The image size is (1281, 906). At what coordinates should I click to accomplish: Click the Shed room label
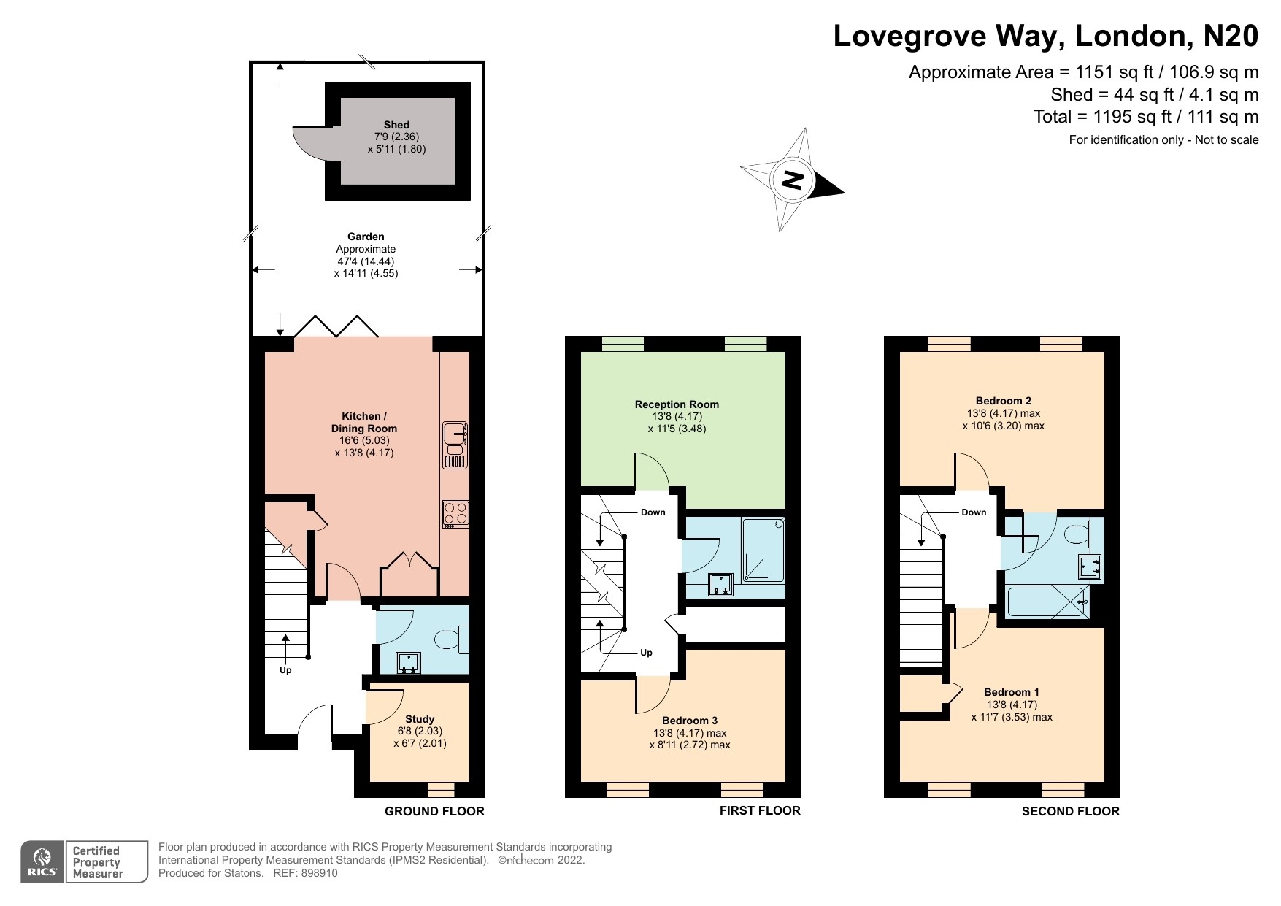pos(397,125)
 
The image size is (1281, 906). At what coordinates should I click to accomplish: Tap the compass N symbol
pos(792,179)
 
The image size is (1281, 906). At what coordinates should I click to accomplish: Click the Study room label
pos(420,719)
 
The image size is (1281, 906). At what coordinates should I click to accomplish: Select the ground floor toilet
pos(453,640)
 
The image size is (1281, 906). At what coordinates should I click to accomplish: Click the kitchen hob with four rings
pos(456,514)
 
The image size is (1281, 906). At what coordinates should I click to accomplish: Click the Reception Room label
pos(677,404)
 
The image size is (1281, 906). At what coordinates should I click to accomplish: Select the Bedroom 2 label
pos(1004,401)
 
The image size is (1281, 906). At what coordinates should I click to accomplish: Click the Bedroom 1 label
pos(1012,692)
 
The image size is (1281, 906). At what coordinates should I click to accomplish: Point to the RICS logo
pos(42,862)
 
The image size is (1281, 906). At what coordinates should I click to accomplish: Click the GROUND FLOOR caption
pos(434,811)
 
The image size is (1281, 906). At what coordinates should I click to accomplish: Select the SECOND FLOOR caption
pos(1071,811)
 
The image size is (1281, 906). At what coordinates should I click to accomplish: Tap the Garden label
pos(366,237)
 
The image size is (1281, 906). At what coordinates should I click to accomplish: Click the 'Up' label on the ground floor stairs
pos(285,670)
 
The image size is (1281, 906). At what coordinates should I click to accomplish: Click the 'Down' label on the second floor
pos(974,512)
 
